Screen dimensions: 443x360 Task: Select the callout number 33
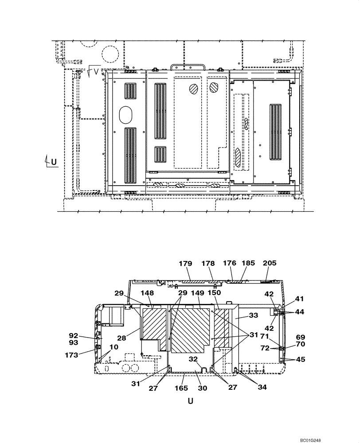(253, 316)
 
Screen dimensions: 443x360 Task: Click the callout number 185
(248, 263)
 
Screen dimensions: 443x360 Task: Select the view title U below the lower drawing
(190, 401)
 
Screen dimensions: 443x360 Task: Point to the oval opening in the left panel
(126, 114)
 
